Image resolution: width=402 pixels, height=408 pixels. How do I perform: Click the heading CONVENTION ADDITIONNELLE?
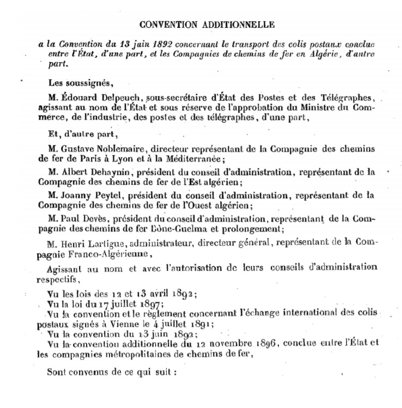point(207,25)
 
